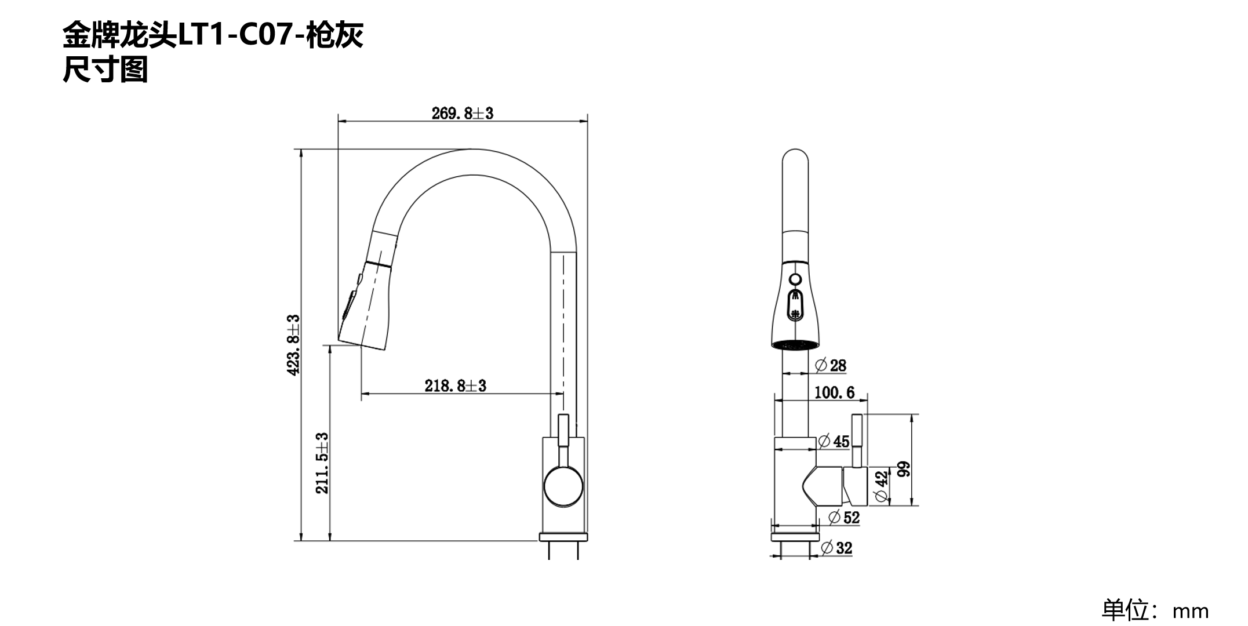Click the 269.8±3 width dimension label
[462, 113]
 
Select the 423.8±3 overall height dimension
[294, 345]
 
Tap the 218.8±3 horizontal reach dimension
[455, 385]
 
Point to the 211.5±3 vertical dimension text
[322, 463]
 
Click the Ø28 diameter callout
[831, 366]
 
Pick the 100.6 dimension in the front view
[834, 392]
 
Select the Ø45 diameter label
[834, 442]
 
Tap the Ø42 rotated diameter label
[880, 486]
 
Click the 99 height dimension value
[903, 469]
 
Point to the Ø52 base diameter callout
[844, 517]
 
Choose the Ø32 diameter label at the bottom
[837, 548]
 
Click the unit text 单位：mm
[1155, 610]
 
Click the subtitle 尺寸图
[105, 70]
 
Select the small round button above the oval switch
[795, 280]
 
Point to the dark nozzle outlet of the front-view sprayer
[795, 345]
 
